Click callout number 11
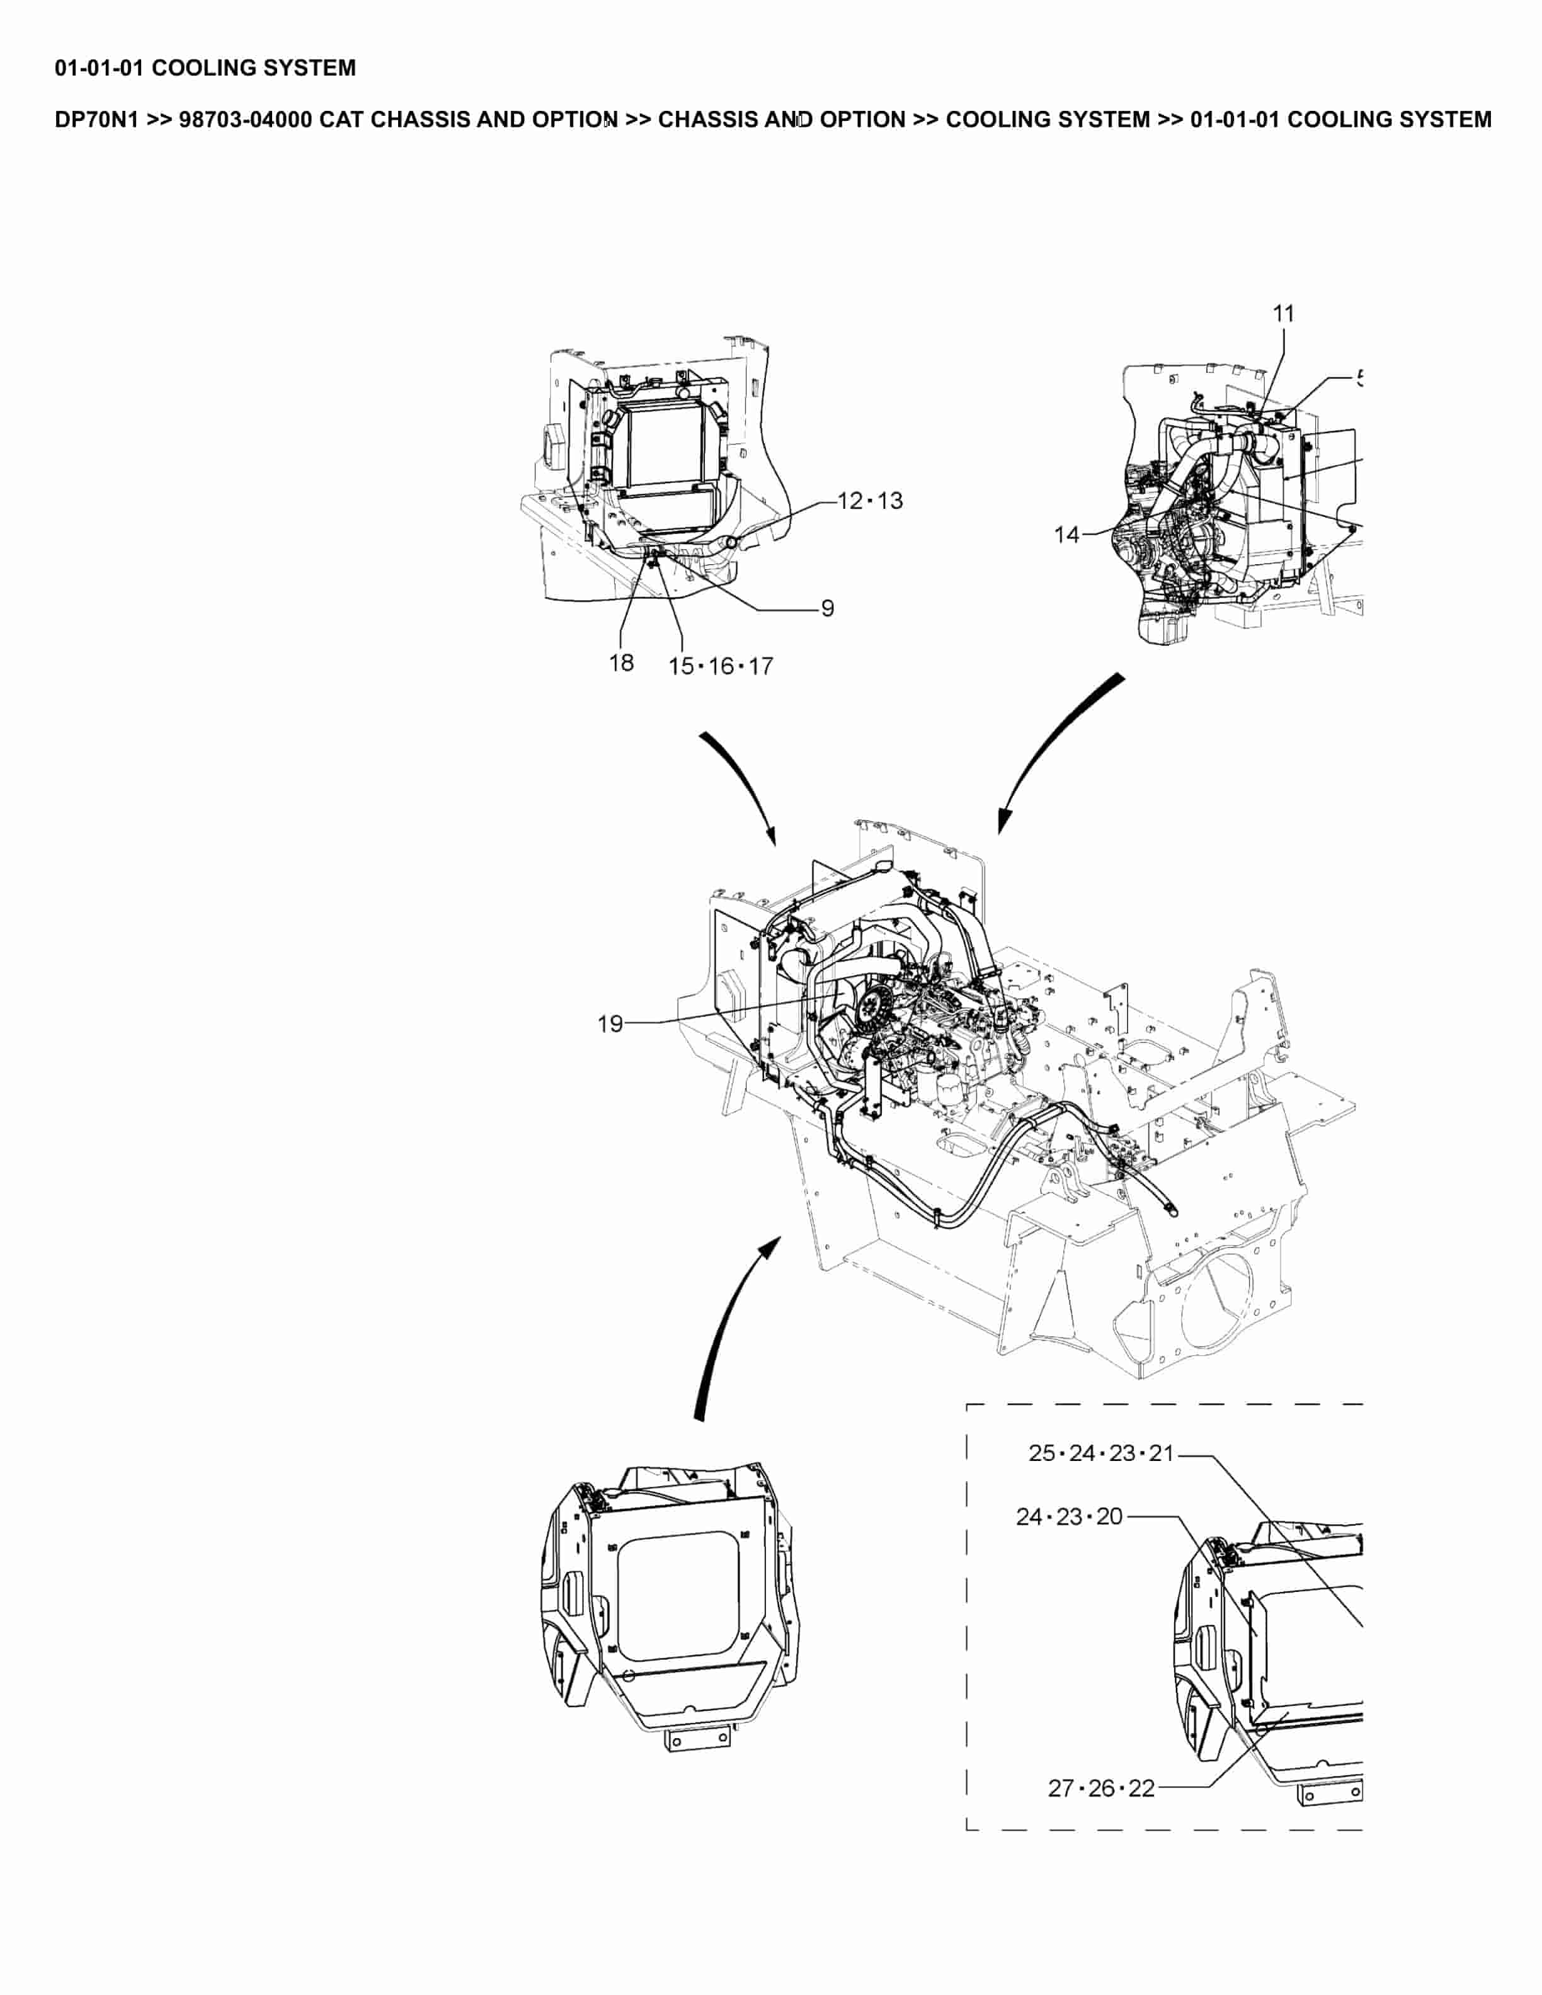(1284, 314)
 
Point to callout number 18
(621, 663)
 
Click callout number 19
(610, 1024)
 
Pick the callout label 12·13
(870, 501)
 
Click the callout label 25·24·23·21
(1101, 1453)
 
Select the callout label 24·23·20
(1069, 1517)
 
